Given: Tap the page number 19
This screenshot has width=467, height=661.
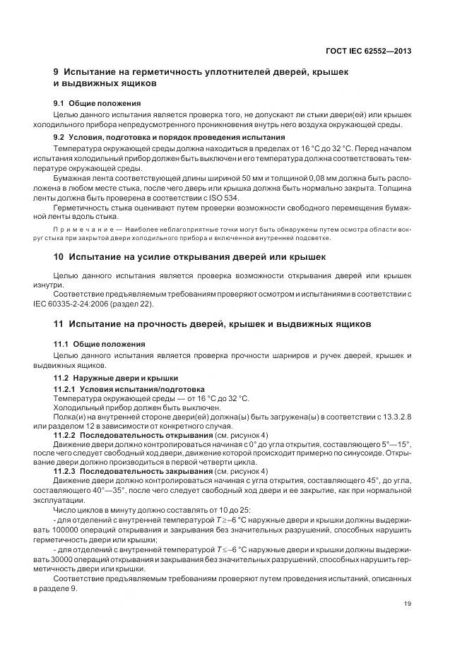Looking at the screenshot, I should [408, 602].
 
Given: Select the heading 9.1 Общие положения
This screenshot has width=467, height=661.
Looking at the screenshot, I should [97, 103].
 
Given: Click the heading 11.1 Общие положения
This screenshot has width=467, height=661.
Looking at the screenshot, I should [100, 343].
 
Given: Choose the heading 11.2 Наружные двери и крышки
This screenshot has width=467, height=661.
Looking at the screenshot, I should [117, 378].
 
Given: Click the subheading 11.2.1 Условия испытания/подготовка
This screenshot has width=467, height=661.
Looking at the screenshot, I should [129, 389].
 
